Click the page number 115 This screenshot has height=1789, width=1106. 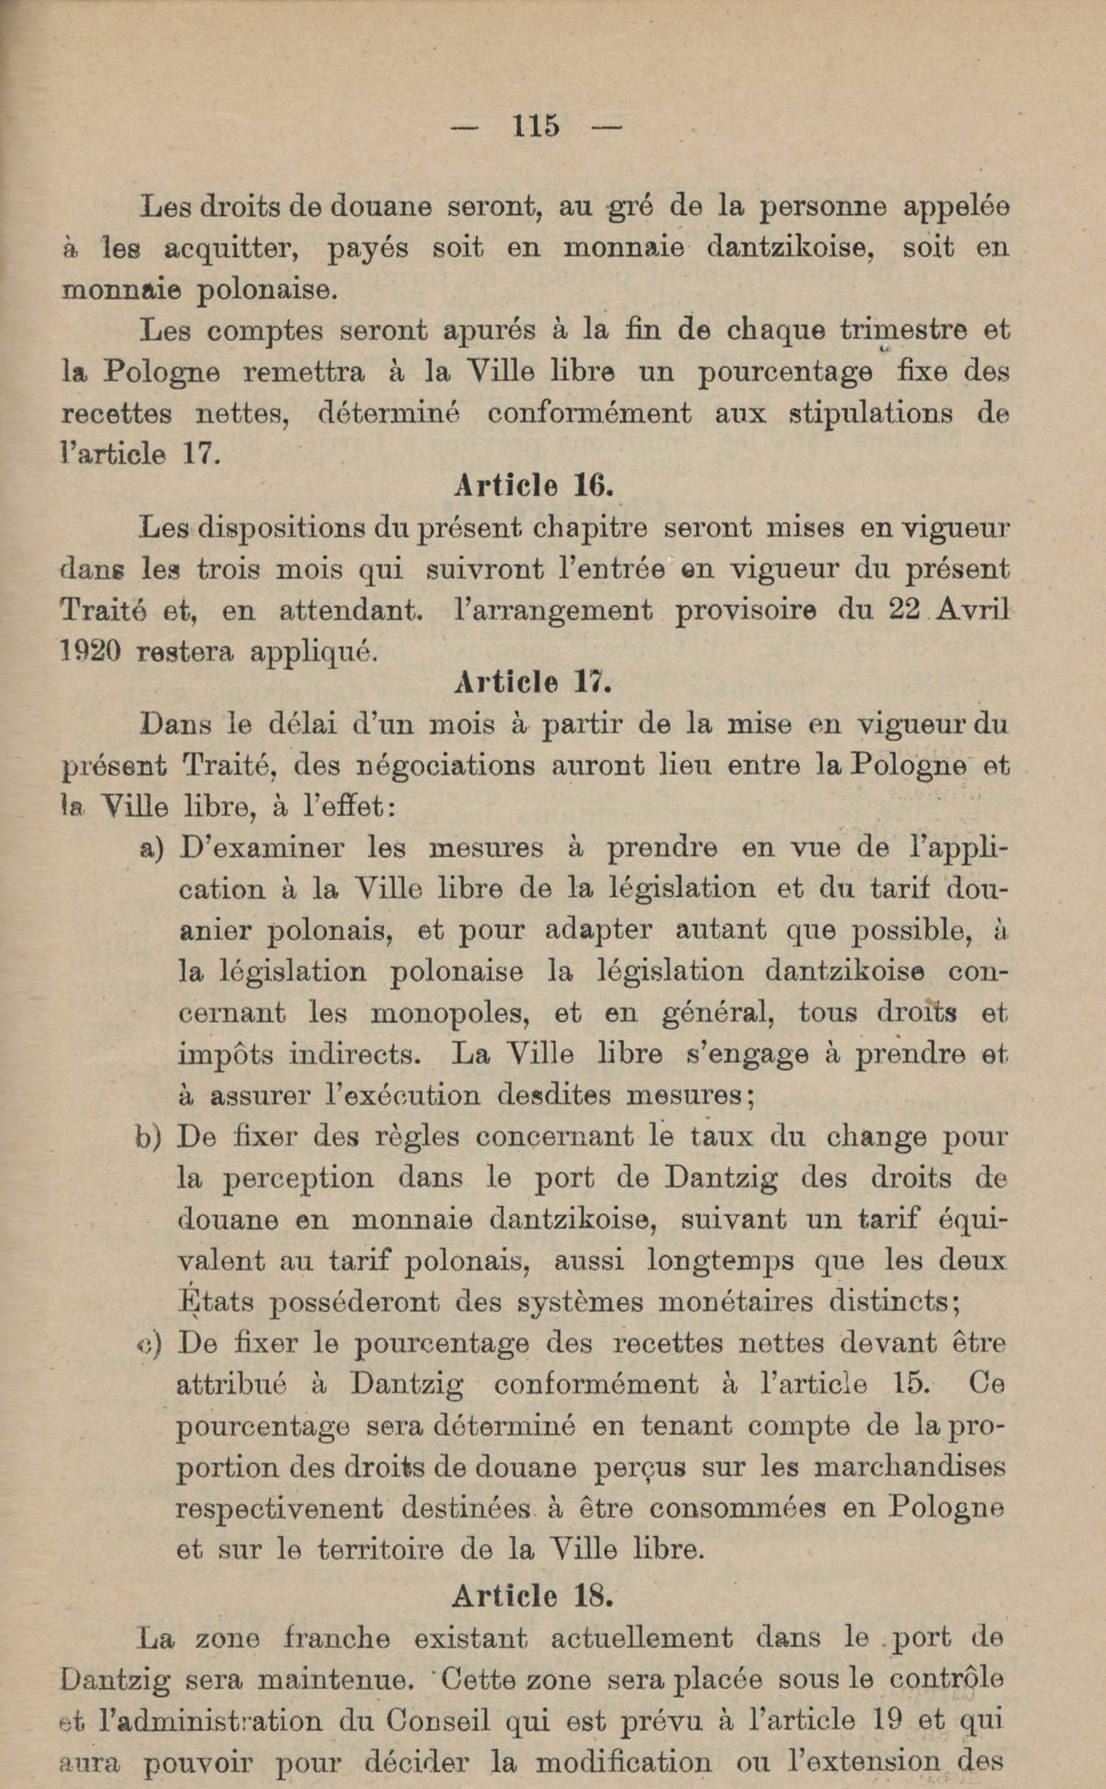(536, 127)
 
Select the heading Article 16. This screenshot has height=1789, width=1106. (533, 485)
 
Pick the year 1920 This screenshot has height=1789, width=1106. (89, 651)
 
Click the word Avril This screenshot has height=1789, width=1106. (971, 610)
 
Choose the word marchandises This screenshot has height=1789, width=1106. (909, 1467)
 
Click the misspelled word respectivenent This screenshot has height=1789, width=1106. (280, 1509)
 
